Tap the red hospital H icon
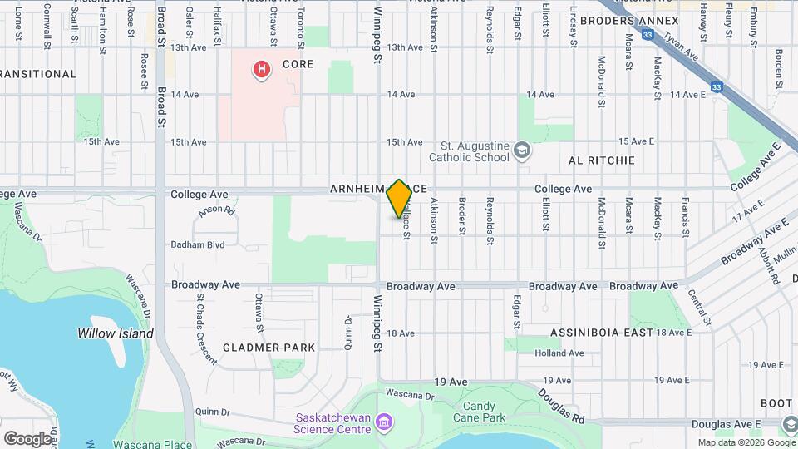point(262,68)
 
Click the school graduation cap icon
point(521,150)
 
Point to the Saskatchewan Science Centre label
point(332,423)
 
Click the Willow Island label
point(116,333)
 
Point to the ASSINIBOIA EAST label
point(602,333)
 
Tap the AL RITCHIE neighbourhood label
point(601,160)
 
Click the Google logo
point(27,438)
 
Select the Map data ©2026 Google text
point(746,443)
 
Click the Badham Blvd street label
point(198,244)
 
